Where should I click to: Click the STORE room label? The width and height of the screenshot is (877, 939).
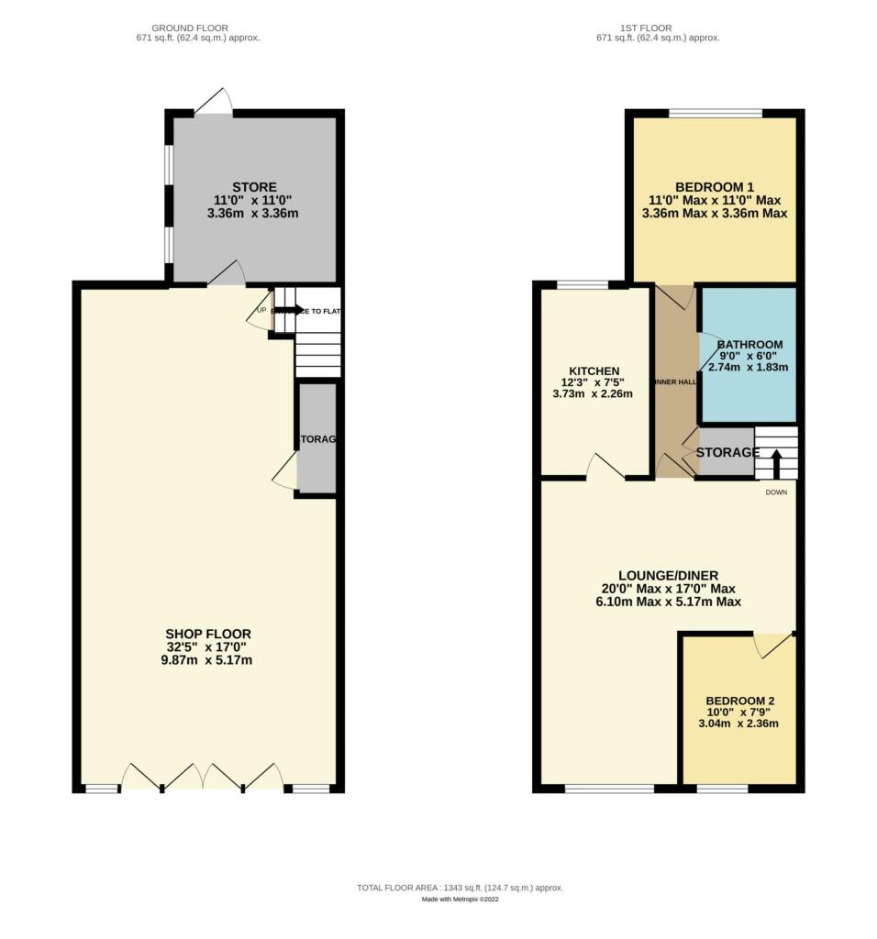[254, 187]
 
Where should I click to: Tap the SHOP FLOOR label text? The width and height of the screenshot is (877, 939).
[208, 634]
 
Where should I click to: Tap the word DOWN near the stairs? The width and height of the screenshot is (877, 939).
[777, 492]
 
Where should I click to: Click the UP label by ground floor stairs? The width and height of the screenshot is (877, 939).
[261, 310]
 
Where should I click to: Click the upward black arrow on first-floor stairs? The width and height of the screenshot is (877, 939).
[776, 463]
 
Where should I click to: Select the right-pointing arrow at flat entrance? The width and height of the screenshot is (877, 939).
[293, 310]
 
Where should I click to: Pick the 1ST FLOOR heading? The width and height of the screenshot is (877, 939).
[658, 28]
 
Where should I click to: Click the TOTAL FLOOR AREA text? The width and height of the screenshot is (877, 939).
[460, 888]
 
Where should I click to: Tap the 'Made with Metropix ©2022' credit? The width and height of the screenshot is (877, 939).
[460, 900]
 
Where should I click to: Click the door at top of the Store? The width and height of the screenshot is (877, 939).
[213, 103]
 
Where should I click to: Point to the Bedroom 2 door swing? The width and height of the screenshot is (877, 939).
[769, 645]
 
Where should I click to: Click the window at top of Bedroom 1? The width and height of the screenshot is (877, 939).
[715, 114]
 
